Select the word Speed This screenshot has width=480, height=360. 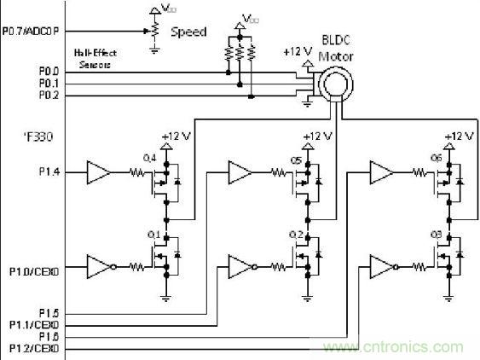188,32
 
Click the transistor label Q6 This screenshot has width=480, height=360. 437,159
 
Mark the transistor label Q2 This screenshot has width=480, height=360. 296,235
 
